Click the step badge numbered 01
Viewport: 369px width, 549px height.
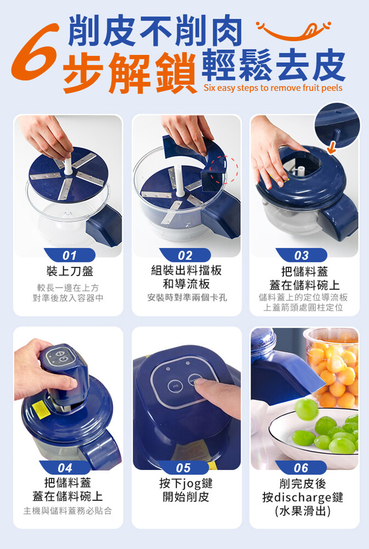pos(69,255)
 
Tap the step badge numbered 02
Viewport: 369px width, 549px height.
pos(185,255)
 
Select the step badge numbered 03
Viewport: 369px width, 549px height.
pos(301,255)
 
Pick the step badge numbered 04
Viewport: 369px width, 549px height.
pos(65,467)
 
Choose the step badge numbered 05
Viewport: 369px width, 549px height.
pos(183,467)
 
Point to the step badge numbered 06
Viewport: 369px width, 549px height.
pos(301,467)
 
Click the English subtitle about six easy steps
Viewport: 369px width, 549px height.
pos(273,87)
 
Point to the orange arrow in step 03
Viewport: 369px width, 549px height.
pos(332,147)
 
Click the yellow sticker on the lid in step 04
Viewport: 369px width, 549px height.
pos(38,410)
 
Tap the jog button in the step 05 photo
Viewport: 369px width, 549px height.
pos(173,386)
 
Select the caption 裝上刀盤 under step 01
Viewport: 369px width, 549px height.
pos(70,271)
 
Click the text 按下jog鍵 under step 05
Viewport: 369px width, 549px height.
pos(186,483)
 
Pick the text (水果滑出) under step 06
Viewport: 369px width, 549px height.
pos(303,511)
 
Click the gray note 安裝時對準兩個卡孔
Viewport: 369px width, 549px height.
pos(187,298)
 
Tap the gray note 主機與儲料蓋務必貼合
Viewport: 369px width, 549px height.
pos(68,511)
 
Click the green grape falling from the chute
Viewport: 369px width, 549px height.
pos(306,409)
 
